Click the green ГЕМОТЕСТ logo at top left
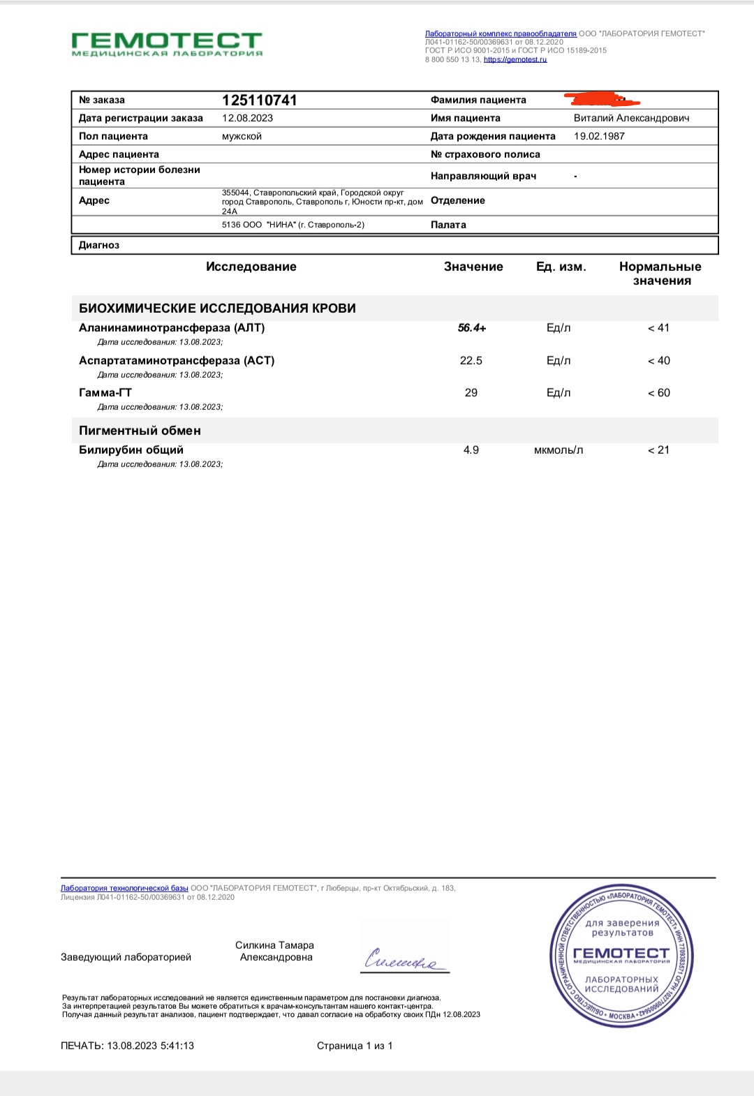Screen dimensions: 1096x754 click(167, 43)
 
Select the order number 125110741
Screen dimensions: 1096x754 click(259, 100)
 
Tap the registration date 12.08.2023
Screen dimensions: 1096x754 click(247, 118)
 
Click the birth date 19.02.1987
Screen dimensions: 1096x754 click(599, 136)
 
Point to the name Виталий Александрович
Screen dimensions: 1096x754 click(631, 118)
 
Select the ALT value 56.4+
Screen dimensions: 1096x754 click(472, 328)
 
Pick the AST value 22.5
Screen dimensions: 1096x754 click(471, 361)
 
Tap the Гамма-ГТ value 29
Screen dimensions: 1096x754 click(471, 393)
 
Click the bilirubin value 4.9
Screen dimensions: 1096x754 click(471, 450)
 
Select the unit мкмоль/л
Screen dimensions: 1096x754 click(559, 450)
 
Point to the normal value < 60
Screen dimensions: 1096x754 click(658, 393)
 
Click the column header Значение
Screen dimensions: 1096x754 click(473, 267)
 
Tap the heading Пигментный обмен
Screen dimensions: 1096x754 click(140, 431)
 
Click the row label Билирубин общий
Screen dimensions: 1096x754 click(131, 450)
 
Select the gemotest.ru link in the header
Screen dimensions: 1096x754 click(515, 60)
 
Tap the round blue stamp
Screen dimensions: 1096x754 click(621, 955)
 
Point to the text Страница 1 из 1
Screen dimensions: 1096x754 click(355, 1046)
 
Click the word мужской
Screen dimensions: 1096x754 click(242, 136)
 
